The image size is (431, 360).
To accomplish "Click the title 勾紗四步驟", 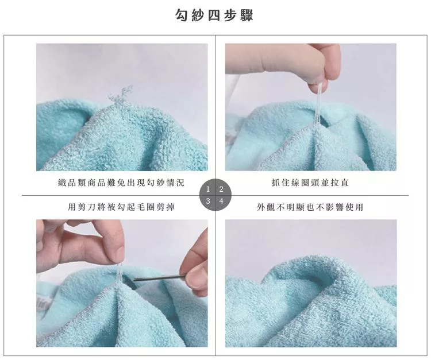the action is coord(215,15).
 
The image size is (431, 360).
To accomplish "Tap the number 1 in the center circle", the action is coord(208,189).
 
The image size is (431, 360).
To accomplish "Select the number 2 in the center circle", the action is coord(221,189).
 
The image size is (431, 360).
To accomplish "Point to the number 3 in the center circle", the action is coord(208,202).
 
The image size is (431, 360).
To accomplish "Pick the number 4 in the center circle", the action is coord(221,202).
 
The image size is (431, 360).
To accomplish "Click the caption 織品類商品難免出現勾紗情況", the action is coord(121,183).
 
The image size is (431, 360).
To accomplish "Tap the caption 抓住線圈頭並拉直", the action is coord(310,183).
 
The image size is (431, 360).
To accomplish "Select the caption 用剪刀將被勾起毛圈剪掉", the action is coord(121,207).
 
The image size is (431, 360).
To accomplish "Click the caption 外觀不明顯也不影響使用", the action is coord(310,207).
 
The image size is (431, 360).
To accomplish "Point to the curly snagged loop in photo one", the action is coord(121,96).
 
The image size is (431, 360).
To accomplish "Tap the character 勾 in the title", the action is coord(182,15).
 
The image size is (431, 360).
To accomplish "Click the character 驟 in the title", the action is coord(247,15).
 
